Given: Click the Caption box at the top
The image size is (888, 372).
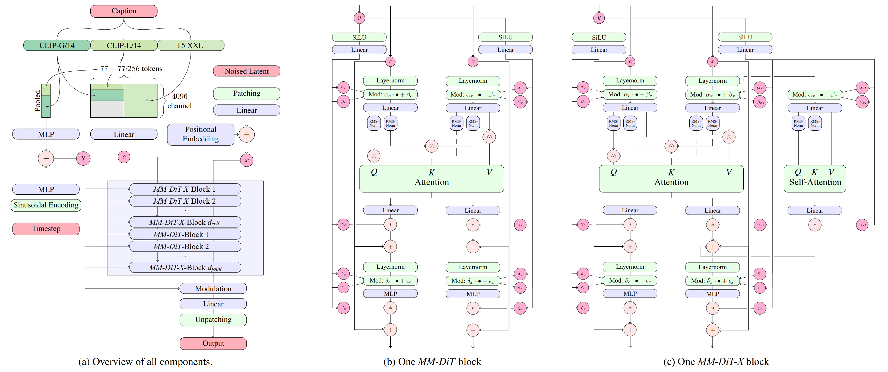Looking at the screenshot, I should point(124,11).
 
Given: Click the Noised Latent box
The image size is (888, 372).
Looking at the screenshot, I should point(246,71).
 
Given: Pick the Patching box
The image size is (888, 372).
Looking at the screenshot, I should point(246,93).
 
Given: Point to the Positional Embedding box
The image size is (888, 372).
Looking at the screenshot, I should point(201,134).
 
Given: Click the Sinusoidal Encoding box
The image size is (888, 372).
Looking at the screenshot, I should point(46,205).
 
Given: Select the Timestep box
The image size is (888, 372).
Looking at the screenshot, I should point(46,229).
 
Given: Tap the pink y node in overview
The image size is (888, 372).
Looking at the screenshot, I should point(83,158).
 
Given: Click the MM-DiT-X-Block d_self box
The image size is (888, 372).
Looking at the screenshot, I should point(185,222).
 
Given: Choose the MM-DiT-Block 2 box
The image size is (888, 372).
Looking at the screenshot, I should point(185,246).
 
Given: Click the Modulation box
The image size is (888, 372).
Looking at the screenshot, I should point(213,289).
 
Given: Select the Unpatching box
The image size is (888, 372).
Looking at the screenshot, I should point(213,320).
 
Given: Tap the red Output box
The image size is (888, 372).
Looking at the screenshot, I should point(213,344).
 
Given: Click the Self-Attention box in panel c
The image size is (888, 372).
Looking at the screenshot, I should point(815,178).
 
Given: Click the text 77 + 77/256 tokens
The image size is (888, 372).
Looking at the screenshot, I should point(131,69).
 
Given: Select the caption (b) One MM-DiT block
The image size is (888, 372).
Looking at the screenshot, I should point(432,362).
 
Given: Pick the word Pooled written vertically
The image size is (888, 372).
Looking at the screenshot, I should point(37,101).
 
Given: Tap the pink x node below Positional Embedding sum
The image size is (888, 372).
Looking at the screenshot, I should point(246,160).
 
